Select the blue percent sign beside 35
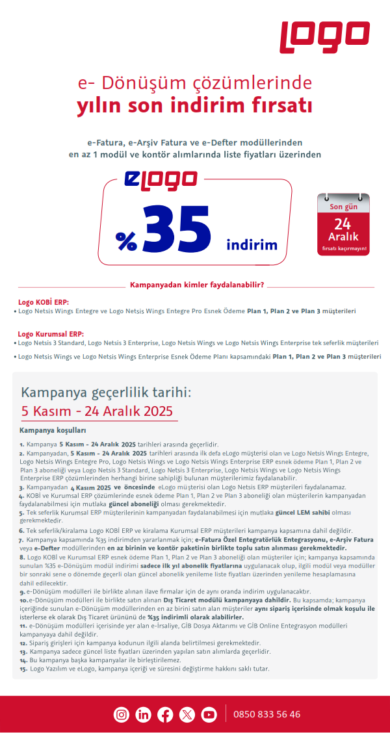coord(126,241)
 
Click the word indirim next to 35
coord(252,245)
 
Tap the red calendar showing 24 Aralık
coord(343,224)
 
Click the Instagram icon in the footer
coord(122,714)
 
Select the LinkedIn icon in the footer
coord(144,714)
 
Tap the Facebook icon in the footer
coord(165,714)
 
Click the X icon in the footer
coord(187,714)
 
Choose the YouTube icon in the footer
coord(209,714)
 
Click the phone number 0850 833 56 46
coord(267,714)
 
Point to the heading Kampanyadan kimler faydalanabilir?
coord(197,285)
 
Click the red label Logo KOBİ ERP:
coord(44,302)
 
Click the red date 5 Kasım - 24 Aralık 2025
coord(96,411)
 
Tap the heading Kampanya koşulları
coord(53,430)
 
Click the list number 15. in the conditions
coord(23,669)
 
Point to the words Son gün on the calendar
coord(343,207)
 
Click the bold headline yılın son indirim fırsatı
coord(195,105)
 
